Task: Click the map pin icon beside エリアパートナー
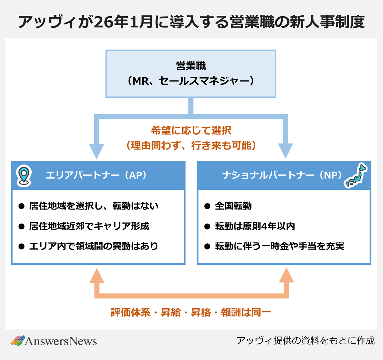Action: click(x=24, y=175)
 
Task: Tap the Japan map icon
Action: click(x=356, y=175)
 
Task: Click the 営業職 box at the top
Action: click(x=191, y=74)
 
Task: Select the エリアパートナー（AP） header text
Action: click(x=96, y=175)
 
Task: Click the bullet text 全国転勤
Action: click(x=233, y=206)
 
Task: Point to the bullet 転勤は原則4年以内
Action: click(x=255, y=226)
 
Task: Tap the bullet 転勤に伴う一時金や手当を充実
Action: click(x=279, y=246)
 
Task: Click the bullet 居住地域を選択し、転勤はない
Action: click(x=94, y=206)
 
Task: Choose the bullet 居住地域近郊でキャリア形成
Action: click(x=89, y=226)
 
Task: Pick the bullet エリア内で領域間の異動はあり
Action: click(x=94, y=246)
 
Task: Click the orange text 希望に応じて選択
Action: click(x=191, y=130)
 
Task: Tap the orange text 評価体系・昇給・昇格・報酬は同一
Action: click(x=191, y=312)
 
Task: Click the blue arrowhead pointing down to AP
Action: click(x=96, y=151)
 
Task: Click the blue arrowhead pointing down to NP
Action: click(x=285, y=151)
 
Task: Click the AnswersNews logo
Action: click(x=54, y=341)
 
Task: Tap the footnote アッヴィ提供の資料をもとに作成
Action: click(x=305, y=341)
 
